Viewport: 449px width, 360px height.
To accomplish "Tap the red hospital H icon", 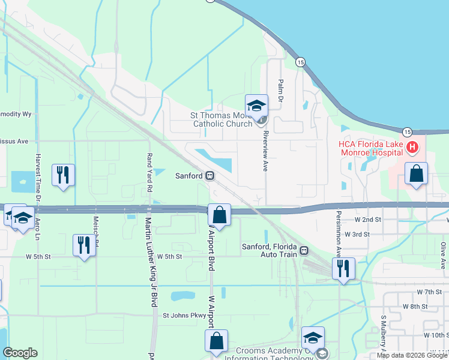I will point(412,147).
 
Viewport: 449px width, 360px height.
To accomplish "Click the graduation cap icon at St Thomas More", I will point(256,106).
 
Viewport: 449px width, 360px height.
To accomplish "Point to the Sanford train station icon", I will point(209,176).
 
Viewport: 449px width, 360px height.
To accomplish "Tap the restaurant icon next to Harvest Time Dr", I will point(63,175).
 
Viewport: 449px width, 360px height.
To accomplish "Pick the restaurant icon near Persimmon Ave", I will point(343,268).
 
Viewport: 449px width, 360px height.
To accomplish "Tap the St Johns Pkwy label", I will point(184,315).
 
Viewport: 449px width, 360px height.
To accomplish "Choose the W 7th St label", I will point(429,292).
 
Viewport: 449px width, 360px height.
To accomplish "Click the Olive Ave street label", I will point(443,255).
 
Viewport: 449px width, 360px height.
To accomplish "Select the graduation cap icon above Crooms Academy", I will point(313,337).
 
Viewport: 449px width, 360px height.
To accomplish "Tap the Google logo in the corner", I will point(20,353).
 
